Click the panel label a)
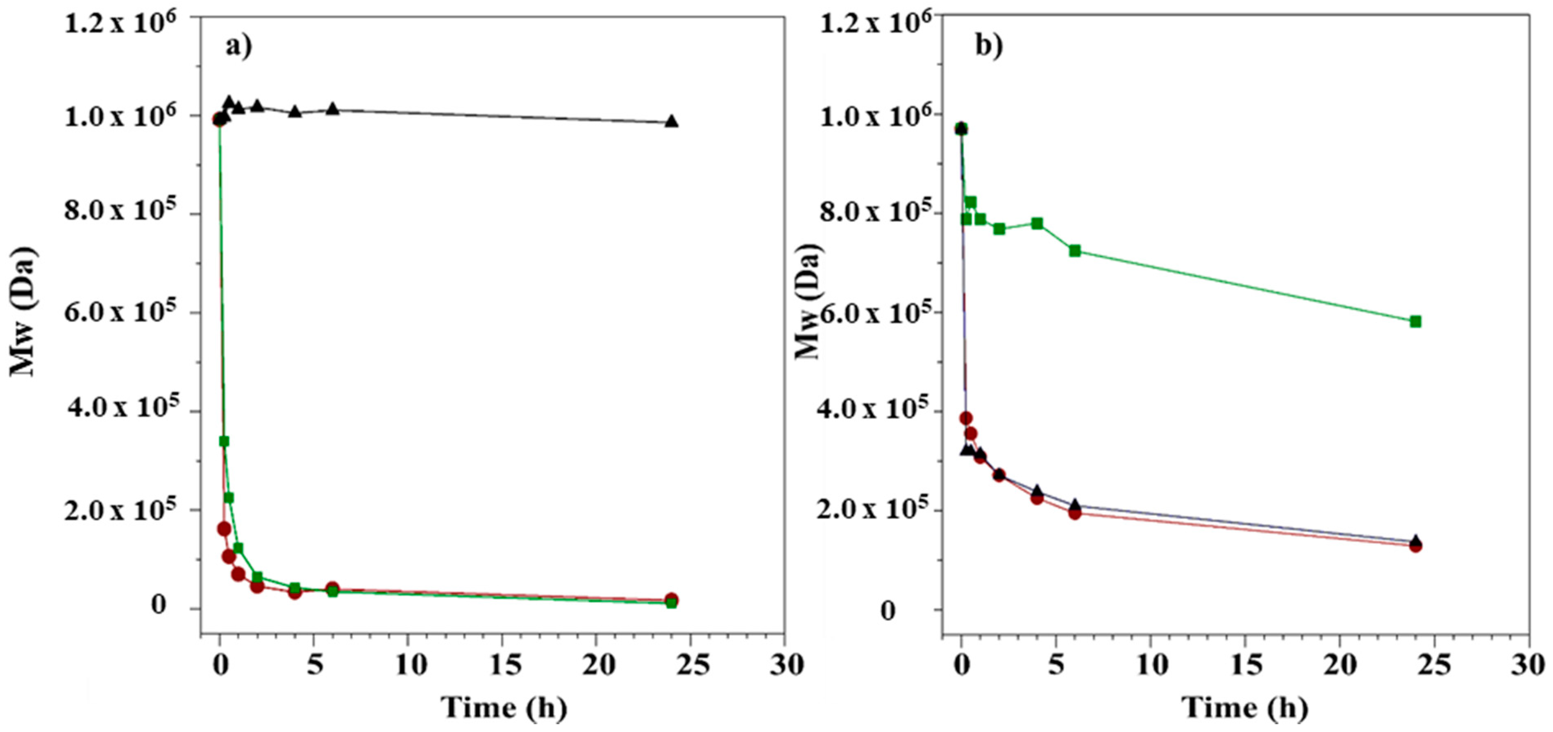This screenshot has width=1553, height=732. click(x=239, y=46)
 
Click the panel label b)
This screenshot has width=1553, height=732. click(x=989, y=46)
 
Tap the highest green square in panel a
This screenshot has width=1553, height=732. click(x=224, y=441)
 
